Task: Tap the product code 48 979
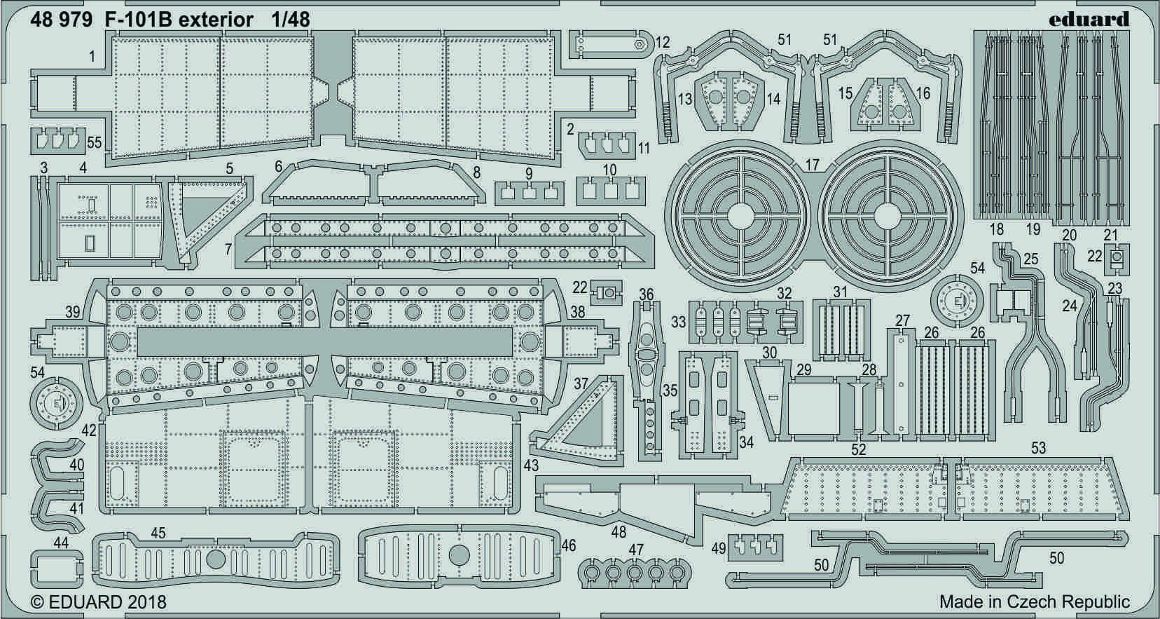coord(61,20)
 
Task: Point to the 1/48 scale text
coord(290,20)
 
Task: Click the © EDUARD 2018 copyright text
coord(98,602)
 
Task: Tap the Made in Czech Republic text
coord(1035,602)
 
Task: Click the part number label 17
coord(812,164)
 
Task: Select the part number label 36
coord(647,294)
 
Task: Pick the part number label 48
coord(619,531)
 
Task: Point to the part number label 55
coord(95,142)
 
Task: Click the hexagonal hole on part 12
coord(639,43)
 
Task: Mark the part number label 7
coord(228,250)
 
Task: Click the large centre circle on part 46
coord(459,556)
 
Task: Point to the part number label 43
coord(531,465)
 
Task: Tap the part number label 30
coord(770,353)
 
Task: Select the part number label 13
coord(685,99)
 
